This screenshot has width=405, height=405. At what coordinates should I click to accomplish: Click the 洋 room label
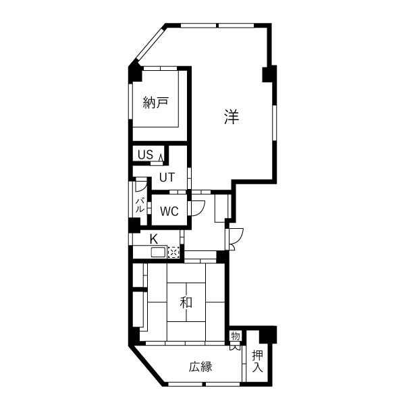(x=232, y=117)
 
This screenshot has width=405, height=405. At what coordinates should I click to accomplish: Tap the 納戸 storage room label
(x=156, y=103)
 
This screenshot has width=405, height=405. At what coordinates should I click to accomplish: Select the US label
(x=145, y=155)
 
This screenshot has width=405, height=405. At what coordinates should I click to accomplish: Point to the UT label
(x=167, y=178)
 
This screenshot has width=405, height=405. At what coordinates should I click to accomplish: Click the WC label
(x=169, y=211)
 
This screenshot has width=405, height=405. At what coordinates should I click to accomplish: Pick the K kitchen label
(x=154, y=239)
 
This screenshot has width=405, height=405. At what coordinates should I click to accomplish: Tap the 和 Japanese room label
(x=186, y=302)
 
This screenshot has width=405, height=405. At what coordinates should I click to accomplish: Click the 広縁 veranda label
(x=200, y=367)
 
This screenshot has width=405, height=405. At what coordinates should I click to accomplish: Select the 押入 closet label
(x=258, y=361)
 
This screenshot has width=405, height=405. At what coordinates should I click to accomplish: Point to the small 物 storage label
(x=236, y=336)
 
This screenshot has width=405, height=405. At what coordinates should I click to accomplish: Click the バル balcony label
(x=140, y=205)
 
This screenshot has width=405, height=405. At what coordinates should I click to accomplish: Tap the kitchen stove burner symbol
(x=173, y=252)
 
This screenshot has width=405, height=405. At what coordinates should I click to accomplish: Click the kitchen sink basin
(x=159, y=252)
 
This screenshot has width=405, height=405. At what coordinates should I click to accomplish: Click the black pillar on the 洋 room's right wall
(x=269, y=74)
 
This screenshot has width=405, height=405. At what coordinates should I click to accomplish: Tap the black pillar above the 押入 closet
(x=268, y=335)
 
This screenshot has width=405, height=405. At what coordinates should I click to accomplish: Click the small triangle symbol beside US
(x=161, y=157)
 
